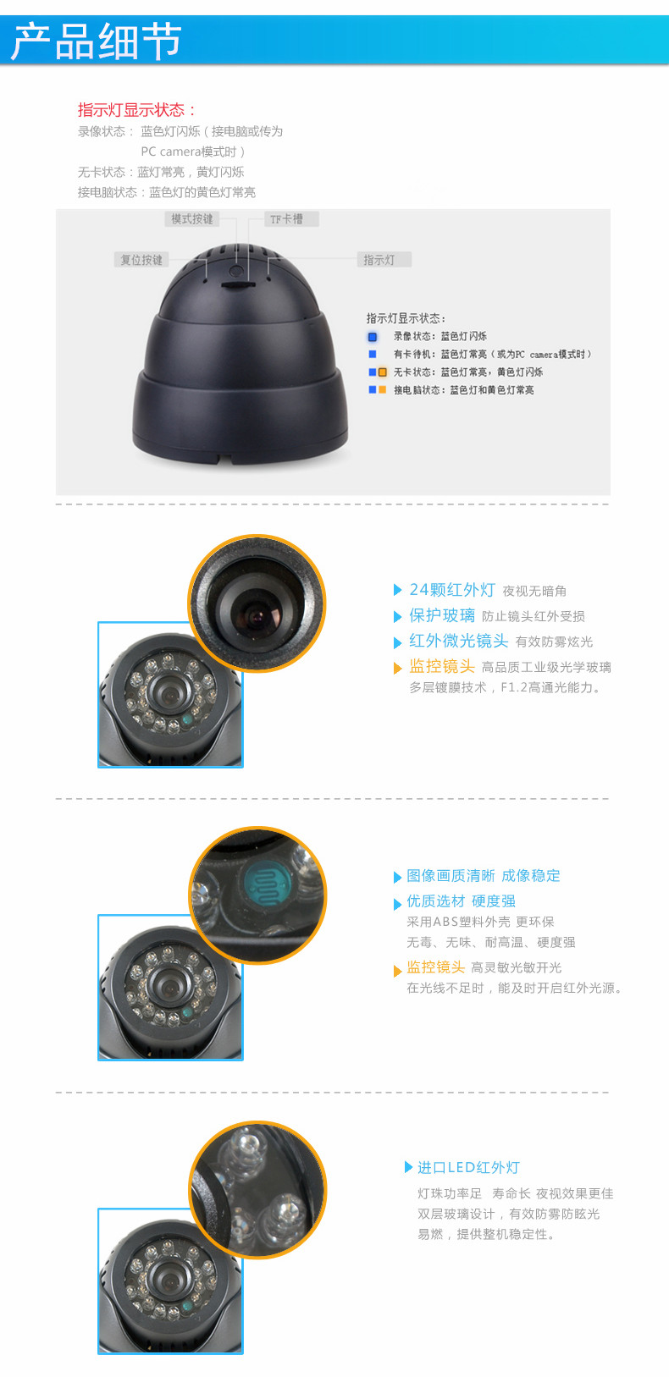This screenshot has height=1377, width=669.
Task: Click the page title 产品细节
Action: tap(97, 41)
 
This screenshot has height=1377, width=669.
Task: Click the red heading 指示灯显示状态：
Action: tap(136, 110)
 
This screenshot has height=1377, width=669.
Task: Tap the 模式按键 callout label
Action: tap(192, 219)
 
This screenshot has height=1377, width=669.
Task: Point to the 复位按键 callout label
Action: tap(141, 260)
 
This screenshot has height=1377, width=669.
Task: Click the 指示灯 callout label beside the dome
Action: tap(384, 260)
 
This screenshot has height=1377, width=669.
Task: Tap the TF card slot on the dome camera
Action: tap(237, 284)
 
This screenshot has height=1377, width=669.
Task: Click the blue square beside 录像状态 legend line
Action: tap(373, 337)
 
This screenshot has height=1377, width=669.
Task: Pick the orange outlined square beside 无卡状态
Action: tap(383, 372)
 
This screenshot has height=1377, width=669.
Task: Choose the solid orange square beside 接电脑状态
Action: tap(383, 389)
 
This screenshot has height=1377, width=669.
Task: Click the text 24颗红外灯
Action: tap(452, 590)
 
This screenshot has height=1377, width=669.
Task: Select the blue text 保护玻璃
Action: tap(442, 615)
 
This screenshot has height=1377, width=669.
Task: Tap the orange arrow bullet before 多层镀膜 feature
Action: tap(397, 669)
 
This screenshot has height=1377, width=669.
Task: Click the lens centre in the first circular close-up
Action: tap(257, 617)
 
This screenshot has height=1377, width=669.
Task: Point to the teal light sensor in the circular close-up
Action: tap(266, 884)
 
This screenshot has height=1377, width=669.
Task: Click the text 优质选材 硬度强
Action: tap(462, 901)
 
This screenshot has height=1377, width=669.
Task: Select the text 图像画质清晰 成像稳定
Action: tap(484, 875)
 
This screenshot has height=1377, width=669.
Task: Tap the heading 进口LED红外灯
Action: tap(468, 1167)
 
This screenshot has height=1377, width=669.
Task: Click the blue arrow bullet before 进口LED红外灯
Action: tap(408, 1167)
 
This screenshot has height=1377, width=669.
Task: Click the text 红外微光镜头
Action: tap(459, 641)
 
